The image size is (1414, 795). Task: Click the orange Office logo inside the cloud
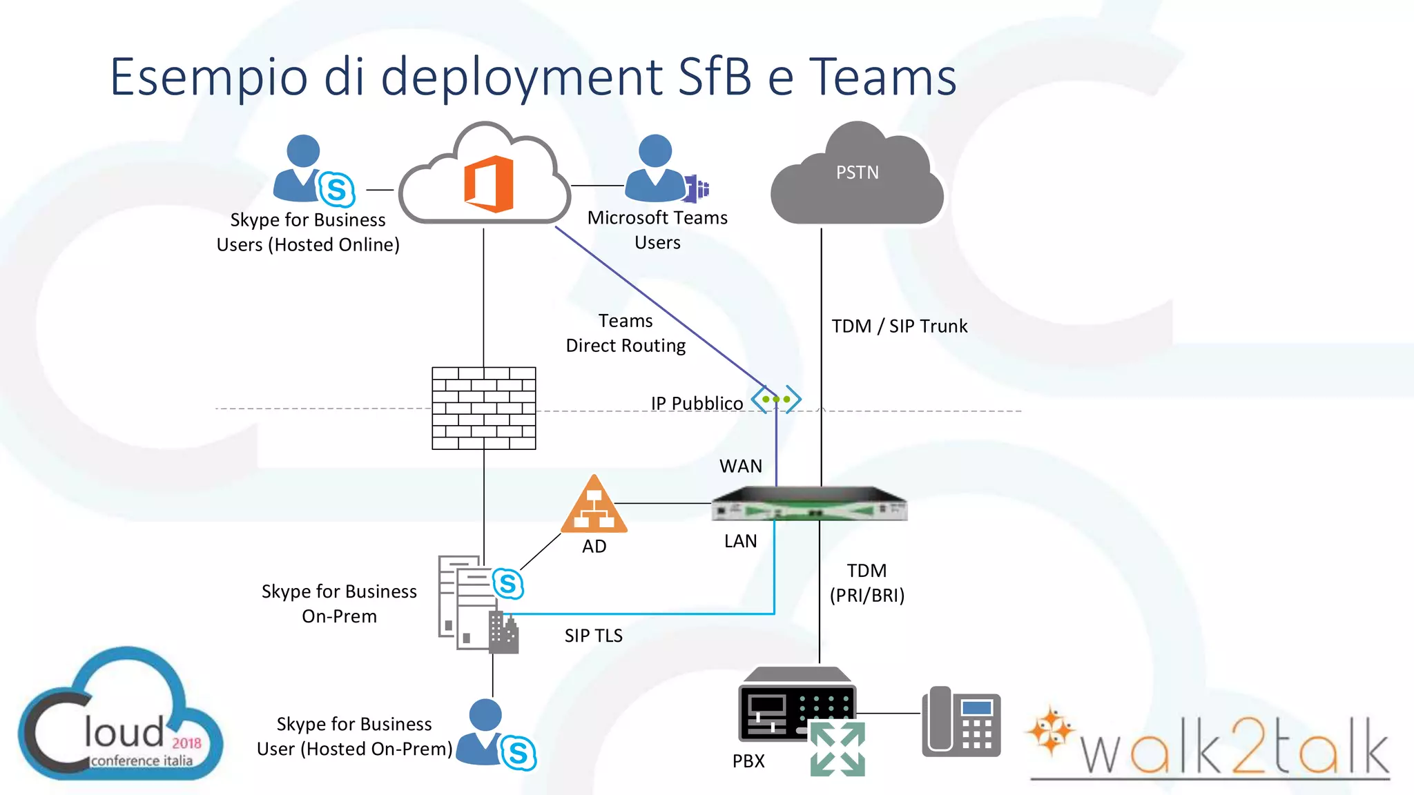[488, 184]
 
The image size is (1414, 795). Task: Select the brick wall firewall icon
[483, 409]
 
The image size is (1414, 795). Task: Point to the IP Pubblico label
[697, 403]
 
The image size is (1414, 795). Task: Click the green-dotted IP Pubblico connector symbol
[776, 400]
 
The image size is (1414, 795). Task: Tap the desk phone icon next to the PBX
[961, 721]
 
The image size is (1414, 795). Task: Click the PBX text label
[748, 761]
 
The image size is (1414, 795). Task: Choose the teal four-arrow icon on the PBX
[837, 749]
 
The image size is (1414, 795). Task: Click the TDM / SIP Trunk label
[899, 326]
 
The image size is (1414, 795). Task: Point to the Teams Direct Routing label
[626, 333]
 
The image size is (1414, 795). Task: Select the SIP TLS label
[593, 636]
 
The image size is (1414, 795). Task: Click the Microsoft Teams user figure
[657, 168]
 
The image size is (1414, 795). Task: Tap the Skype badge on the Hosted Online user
[337, 189]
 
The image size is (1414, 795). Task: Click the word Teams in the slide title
[882, 77]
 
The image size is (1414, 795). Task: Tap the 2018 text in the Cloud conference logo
[186, 743]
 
